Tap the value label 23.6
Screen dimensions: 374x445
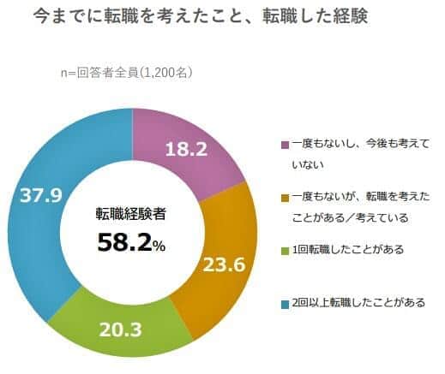point(224,264)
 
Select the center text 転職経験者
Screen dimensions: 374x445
point(130,216)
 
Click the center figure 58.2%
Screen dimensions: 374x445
point(130,242)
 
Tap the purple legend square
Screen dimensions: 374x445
point(285,145)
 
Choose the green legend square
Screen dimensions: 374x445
point(285,251)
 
